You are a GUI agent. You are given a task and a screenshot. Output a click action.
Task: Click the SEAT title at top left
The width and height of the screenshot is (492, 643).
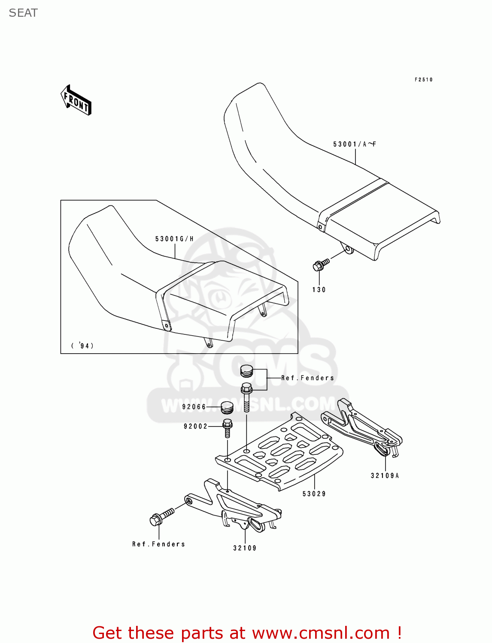click(23, 13)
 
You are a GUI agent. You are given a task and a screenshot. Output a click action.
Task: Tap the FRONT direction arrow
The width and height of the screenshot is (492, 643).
click(76, 100)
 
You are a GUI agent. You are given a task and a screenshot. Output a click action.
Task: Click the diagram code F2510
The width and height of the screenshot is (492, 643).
click(423, 80)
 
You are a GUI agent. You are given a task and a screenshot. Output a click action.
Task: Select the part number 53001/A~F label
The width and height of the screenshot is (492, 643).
click(354, 144)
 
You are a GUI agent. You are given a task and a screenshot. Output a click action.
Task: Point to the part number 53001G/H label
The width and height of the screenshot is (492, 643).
click(174, 239)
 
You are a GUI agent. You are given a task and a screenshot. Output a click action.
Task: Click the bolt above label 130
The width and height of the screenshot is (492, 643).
click(320, 264)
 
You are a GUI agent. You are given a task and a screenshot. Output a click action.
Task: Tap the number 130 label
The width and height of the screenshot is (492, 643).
click(319, 290)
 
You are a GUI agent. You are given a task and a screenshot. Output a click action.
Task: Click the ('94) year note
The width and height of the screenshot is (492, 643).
click(82, 346)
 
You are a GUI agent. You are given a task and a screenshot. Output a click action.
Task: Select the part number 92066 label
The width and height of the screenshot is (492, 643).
click(194, 407)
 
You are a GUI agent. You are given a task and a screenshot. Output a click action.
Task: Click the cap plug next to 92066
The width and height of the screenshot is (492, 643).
click(227, 407)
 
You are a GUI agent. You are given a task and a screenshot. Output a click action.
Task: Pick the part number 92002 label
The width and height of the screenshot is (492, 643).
click(195, 426)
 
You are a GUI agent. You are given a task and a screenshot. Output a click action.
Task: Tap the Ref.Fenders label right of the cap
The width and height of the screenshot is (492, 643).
click(307, 378)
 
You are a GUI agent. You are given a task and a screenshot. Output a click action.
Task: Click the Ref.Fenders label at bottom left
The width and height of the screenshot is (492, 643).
click(158, 544)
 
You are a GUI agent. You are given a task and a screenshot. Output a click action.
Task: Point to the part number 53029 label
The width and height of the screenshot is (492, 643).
click(314, 494)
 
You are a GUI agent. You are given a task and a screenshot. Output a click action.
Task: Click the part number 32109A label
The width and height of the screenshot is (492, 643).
click(385, 475)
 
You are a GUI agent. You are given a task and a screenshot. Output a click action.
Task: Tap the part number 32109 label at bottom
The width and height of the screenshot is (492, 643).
click(245, 548)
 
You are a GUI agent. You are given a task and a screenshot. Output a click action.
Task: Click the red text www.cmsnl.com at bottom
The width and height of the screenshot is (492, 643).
click(320, 633)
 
